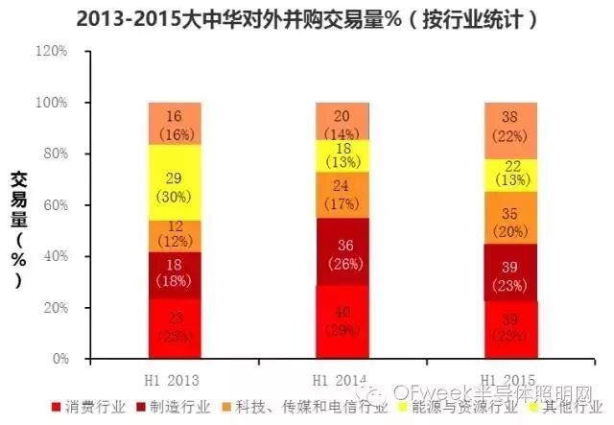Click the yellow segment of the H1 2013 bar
pyautogui.click(x=175, y=182)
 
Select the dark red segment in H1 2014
pyautogui.click(x=342, y=251)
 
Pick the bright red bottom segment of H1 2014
pyautogui.click(x=342, y=321)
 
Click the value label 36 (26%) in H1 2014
pyautogui.click(x=342, y=253)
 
